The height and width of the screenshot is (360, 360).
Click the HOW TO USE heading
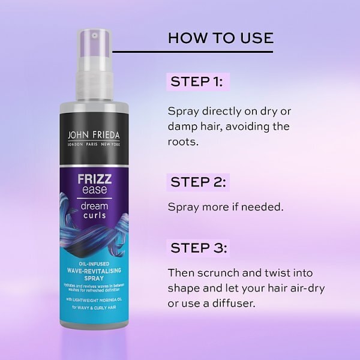220,38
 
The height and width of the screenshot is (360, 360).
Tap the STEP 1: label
196,82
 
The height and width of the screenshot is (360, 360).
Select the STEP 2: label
199,182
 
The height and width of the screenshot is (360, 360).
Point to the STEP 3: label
199,247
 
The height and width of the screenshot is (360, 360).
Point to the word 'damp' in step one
182,127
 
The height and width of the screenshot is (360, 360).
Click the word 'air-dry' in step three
305,287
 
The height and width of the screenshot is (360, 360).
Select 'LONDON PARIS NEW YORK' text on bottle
95,145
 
